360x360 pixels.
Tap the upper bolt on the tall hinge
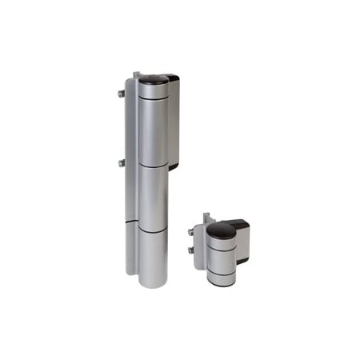[x=122, y=94]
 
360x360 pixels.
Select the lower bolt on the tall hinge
[x=122, y=162]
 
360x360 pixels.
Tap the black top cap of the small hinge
[x=221, y=231]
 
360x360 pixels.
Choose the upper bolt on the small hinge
[x=192, y=232]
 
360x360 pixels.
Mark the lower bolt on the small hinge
[x=192, y=250]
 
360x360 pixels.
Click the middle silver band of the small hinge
[x=221, y=257]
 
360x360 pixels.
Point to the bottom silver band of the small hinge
[x=221, y=277]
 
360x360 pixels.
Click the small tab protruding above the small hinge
[x=206, y=217]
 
